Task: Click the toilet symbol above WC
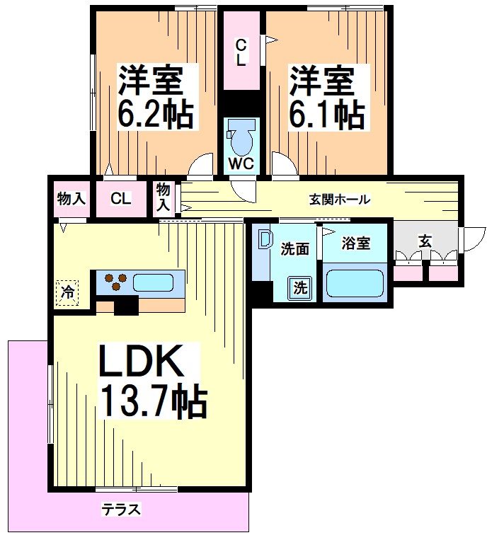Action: click(x=241, y=139)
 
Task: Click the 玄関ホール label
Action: click(x=339, y=200)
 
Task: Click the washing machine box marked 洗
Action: click(x=300, y=288)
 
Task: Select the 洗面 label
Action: click(x=294, y=249)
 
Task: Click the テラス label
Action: click(x=120, y=510)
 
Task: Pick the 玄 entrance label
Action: click(x=424, y=241)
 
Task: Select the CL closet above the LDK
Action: click(x=120, y=199)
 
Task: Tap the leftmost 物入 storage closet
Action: click(x=71, y=199)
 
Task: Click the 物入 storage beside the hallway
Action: click(x=164, y=197)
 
